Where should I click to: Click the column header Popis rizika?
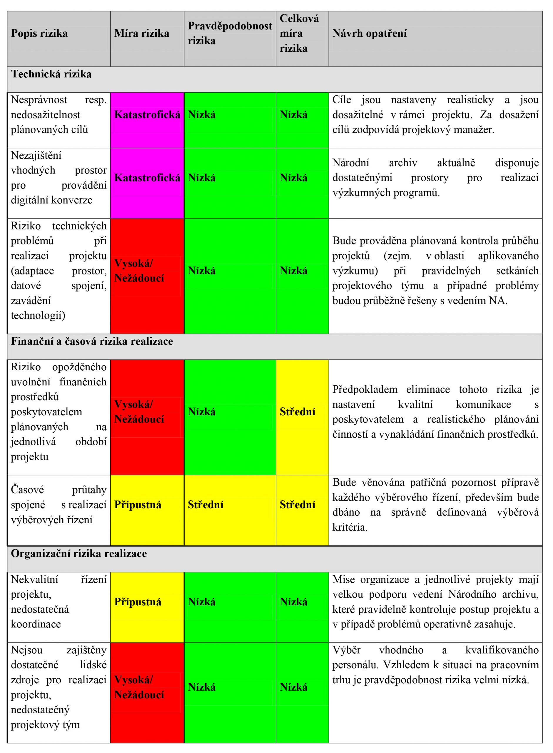click(x=39, y=34)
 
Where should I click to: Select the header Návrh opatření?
click(x=370, y=34)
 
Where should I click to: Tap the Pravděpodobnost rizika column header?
click(x=230, y=33)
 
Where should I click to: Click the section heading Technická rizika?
click(x=51, y=74)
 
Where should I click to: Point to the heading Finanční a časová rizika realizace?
click(x=92, y=341)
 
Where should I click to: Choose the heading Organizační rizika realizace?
click(x=79, y=554)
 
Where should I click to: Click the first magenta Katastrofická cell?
click(x=147, y=115)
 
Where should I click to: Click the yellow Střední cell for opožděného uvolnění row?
click(x=298, y=412)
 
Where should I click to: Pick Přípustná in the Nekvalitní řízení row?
click(x=138, y=602)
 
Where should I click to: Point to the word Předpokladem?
click(x=365, y=389)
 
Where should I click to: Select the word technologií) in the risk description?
click(x=38, y=315)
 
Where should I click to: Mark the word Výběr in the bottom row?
click(x=346, y=650)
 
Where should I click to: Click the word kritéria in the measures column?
click(x=350, y=527)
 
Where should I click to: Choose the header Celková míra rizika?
click(x=299, y=34)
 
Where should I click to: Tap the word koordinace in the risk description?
click(x=36, y=624)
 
